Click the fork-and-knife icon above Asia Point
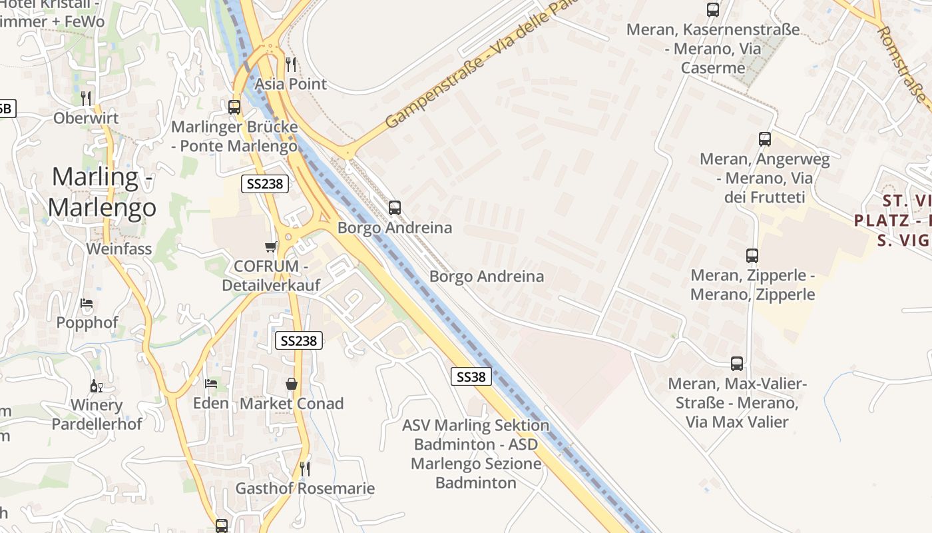[291, 64]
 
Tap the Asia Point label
[291, 84]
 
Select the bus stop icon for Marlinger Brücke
[234, 107]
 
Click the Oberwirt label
[86, 118]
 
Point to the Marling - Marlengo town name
[102, 192]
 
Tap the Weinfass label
[119, 249]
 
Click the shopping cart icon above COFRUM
[271, 247]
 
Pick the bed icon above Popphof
[87, 303]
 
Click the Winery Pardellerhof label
[97, 414]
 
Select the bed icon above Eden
[211, 384]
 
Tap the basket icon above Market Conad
[292, 384]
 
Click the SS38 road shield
[471, 376]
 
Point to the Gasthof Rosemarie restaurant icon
[304, 469]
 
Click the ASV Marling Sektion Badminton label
[476, 454]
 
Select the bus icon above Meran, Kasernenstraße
[713, 10]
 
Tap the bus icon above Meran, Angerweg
[765, 139]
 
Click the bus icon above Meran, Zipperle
[752, 256]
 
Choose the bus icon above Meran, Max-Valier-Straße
[737, 364]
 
